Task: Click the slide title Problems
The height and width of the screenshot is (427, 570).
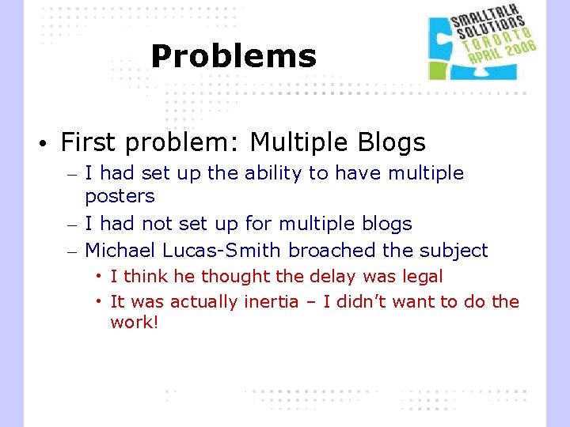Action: click(x=233, y=56)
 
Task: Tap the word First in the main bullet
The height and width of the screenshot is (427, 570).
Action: click(x=87, y=143)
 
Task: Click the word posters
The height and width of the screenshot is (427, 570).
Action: click(x=120, y=196)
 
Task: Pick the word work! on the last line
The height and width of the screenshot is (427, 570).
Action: click(x=135, y=323)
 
